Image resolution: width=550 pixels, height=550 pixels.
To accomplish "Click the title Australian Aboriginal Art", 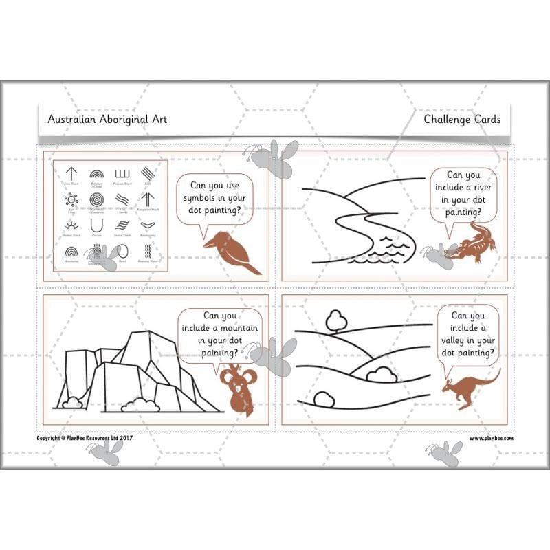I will click(x=107, y=119).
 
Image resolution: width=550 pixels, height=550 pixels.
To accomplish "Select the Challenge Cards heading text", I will click(x=462, y=119).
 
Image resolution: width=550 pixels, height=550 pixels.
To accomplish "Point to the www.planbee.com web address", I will click(x=491, y=438).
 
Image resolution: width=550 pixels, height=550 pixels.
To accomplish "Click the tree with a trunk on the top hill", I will click(x=335, y=320).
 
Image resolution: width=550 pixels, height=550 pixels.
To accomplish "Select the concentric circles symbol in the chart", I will click(x=96, y=200).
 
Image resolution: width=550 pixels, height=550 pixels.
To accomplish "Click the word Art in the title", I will click(x=157, y=119).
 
